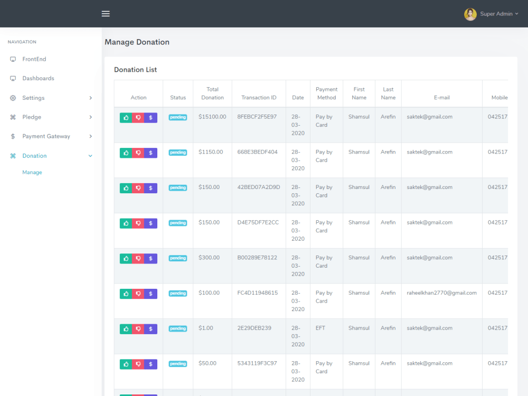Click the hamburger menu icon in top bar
(x=106, y=14)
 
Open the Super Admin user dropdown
(x=492, y=14)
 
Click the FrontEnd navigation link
(x=34, y=59)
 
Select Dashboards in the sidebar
(x=38, y=78)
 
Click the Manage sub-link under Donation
(x=32, y=172)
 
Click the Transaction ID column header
(x=259, y=98)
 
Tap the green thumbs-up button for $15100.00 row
(x=126, y=118)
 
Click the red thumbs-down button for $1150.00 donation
(x=138, y=153)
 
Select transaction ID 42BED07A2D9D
(x=259, y=187)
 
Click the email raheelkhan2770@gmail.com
(x=441, y=293)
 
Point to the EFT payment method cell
(x=320, y=328)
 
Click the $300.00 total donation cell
(x=209, y=258)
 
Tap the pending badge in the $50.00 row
(x=178, y=364)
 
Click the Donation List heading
(x=136, y=70)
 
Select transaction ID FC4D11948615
(x=258, y=293)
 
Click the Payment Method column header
(x=326, y=93)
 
